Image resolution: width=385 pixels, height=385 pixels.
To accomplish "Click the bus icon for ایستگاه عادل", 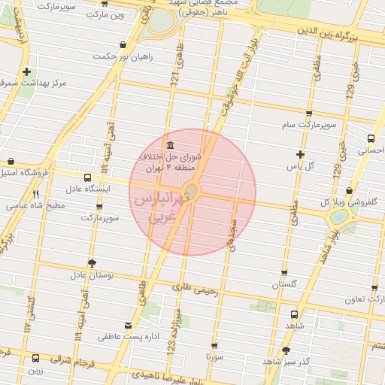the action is tap(89, 178).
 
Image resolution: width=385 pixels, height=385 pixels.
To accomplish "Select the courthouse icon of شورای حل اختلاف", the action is tap(168, 145).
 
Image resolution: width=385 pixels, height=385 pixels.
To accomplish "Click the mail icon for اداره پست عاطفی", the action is tap(129, 326).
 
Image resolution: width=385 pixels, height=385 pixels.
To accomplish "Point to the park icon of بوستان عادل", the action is tap(92, 262).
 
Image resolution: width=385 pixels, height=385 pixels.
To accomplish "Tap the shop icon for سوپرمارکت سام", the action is tap(309, 114).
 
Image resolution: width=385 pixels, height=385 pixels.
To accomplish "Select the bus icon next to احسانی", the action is tap(371, 138).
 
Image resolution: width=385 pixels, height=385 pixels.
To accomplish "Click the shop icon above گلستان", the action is tap(284, 274).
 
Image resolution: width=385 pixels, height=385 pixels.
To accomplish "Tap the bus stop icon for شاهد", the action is tap(293, 314).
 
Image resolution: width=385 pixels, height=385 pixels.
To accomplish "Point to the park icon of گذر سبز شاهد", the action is tap(285, 350).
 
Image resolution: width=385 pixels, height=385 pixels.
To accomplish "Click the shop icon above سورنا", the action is tap(214, 346).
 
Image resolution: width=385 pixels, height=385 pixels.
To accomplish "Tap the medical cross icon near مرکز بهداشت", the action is tap(27, 72).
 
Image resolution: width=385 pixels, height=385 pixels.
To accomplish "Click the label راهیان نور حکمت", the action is tap(123, 56).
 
